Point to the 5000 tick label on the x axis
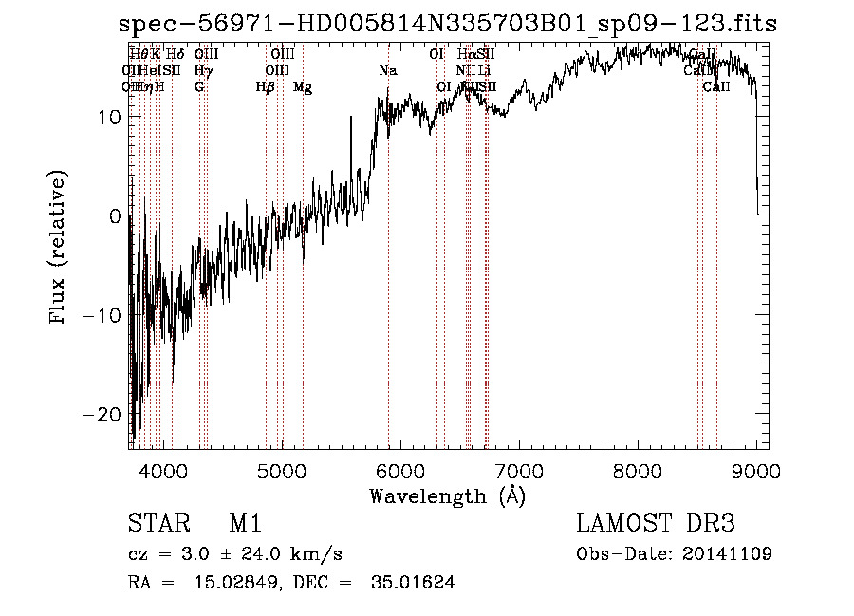click(282, 470)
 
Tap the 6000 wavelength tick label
click(400, 470)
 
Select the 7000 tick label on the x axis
click(519, 470)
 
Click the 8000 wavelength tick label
click(638, 470)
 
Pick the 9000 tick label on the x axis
click(756, 470)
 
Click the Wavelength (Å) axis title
click(447, 495)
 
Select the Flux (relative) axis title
click(60, 249)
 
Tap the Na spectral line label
click(388, 71)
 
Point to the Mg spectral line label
click(303, 87)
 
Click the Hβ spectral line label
click(266, 87)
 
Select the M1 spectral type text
click(246, 524)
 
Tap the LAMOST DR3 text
click(656, 524)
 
